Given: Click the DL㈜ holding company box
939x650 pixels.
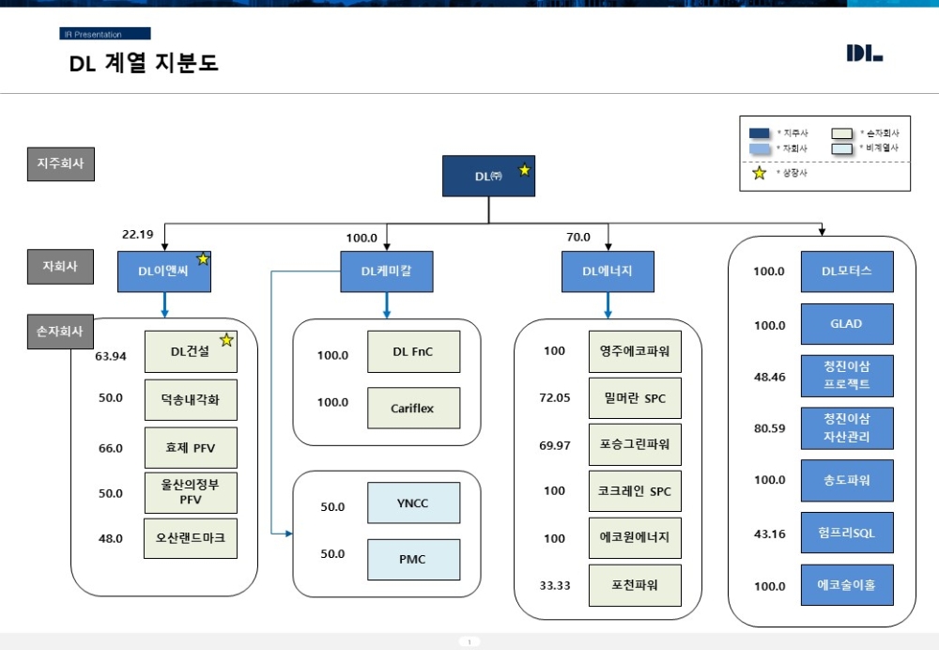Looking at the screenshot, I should [x=488, y=176].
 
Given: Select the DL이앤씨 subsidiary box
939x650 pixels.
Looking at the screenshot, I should [x=164, y=271].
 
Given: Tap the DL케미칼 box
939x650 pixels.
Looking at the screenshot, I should [x=386, y=271].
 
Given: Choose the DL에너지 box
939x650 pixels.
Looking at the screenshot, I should [x=608, y=271].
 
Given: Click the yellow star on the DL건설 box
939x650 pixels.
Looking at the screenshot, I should [x=226, y=340].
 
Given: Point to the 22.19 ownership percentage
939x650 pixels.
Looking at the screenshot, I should [x=137, y=234].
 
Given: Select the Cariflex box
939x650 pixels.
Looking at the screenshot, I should [x=413, y=409].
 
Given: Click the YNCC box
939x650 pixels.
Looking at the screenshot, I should [x=413, y=503].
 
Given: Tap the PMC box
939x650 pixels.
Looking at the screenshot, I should [x=413, y=559].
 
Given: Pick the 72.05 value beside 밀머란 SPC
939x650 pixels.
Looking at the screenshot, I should [x=554, y=398].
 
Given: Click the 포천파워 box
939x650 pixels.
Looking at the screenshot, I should [x=635, y=585].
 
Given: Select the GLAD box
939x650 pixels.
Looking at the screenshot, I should [x=846, y=324].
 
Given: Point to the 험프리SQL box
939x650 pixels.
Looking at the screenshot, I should [x=846, y=533].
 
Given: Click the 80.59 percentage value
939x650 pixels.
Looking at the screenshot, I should [x=769, y=429].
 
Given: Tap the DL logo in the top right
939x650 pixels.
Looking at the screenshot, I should [x=864, y=54].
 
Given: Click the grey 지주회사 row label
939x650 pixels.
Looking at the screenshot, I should [x=60, y=163].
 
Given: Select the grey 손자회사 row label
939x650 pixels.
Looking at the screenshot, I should [x=60, y=332].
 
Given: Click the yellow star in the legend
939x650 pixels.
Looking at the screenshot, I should [x=759, y=173].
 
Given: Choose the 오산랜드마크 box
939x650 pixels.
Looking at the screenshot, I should [x=191, y=538].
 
